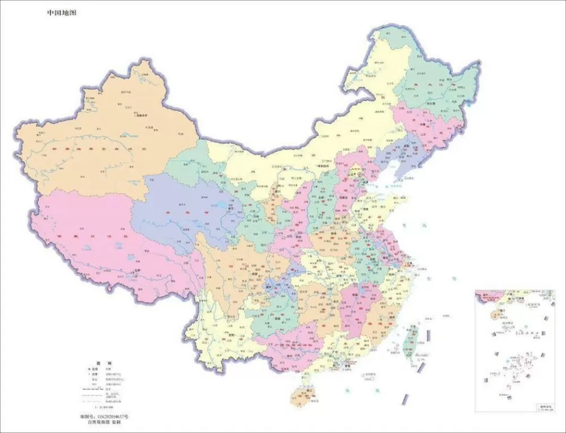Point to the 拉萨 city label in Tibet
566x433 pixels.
[136, 271]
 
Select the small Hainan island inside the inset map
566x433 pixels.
[495, 313]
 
